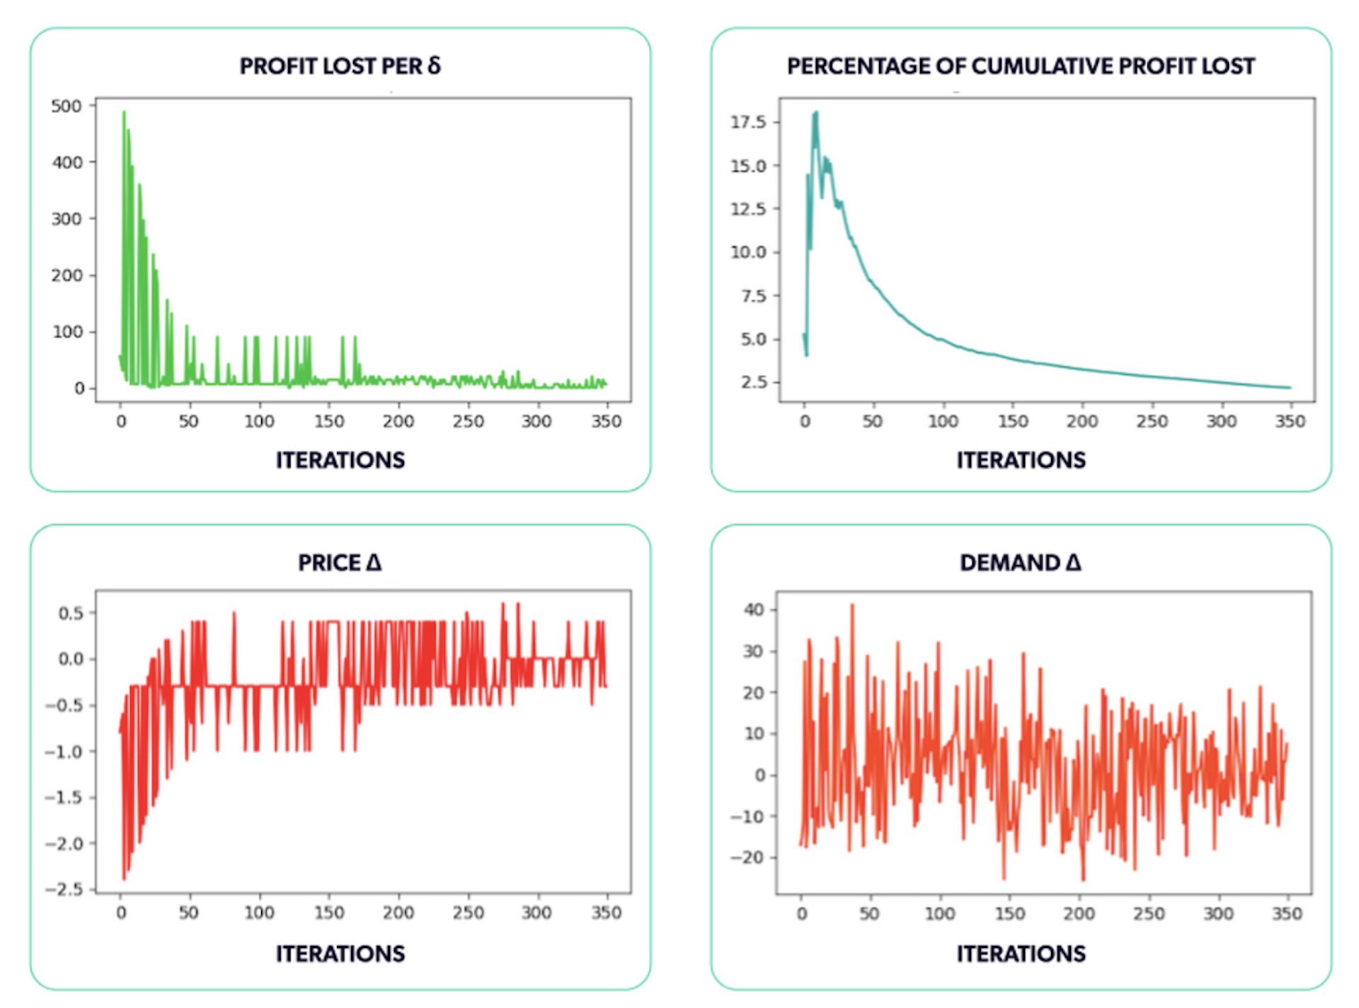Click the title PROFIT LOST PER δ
tap(340, 66)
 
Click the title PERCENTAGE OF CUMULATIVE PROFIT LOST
tap(1020, 66)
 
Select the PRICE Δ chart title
tap(340, 562)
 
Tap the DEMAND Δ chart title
tap(1020, 562)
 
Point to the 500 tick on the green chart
tap(67, 106)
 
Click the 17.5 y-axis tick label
tap(748, 122)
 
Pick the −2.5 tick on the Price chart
tap(64, 889)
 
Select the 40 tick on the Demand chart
tap(754, 610)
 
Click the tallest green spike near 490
tap(124, 112)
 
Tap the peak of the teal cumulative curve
tap(816, 113)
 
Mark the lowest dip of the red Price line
tap(124, 879)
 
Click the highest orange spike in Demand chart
tap(852, 606)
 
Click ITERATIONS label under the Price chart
tap(340, 954)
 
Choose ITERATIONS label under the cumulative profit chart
tap(1021, 460)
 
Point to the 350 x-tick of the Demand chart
tap(1287, 914)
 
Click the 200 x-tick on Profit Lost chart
tap(398, 422)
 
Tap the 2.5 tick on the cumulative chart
tap(754, 383)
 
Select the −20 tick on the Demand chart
tap(749, 857)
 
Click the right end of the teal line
tap(1290, 388)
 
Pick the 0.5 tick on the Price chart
tap(71, 613)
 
